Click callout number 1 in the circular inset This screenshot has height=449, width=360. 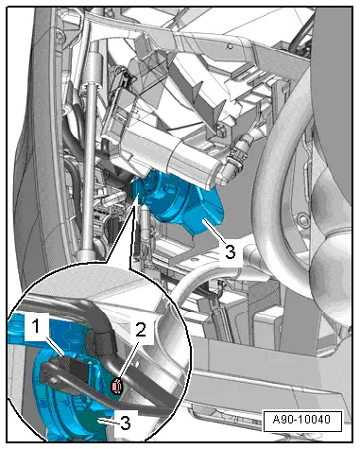[37, 327]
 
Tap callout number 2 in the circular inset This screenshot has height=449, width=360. [141, 330]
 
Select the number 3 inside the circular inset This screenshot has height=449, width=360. [126, 423]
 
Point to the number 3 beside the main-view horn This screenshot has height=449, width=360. [231, 252]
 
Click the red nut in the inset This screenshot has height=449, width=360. [116, 387]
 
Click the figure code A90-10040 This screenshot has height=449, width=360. [301, 420]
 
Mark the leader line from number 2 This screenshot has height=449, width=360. [129, 358]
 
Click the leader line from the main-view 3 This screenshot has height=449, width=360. [214, 232]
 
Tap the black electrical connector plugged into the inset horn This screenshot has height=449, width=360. [76, 370]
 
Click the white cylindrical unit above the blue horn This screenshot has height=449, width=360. [163, 154]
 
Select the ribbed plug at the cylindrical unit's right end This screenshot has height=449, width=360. [234, 161]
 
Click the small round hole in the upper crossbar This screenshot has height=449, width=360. [231, 46]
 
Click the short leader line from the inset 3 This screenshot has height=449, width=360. [109, 422]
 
